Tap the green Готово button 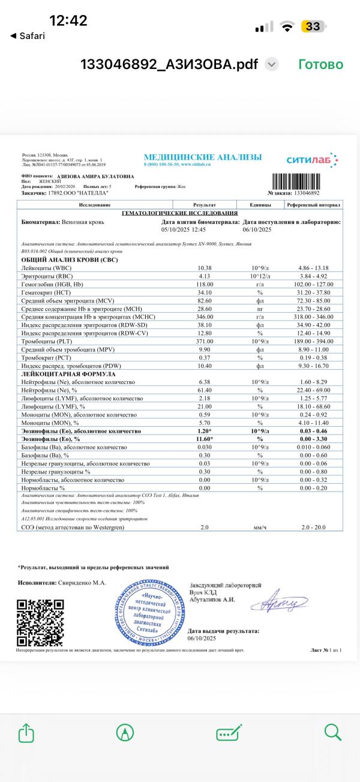(320, 64)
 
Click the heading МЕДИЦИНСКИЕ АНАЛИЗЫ (203, 157)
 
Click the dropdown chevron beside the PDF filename (272, 64)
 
